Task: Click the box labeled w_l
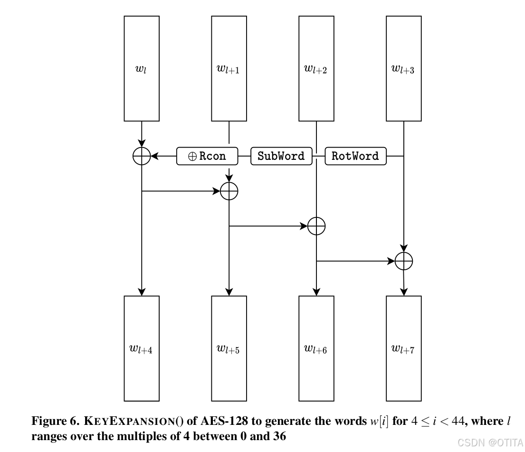(x=142, y=69)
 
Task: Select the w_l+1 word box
(x=229, y=69)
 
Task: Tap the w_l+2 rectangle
(x=316, y=69)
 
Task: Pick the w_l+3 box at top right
(x=403, y=69)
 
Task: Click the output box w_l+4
(x=142, y=348)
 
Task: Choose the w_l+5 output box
(x=229, y=348)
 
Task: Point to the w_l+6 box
(x=316, y=348)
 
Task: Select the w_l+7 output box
(x=403, y=348)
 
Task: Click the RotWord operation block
(x=355, y=156)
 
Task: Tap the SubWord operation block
(x=281, y=156)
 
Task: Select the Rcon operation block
(x=207, y=156)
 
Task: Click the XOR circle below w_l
(x=142, y=156)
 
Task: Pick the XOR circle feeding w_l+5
(x=229, y=191)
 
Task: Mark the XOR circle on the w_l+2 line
(x=316, y=226)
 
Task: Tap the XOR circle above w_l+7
(x=404, y=261)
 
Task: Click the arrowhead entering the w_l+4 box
(x=142, y=292)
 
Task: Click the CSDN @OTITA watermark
(x=490, y=442)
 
